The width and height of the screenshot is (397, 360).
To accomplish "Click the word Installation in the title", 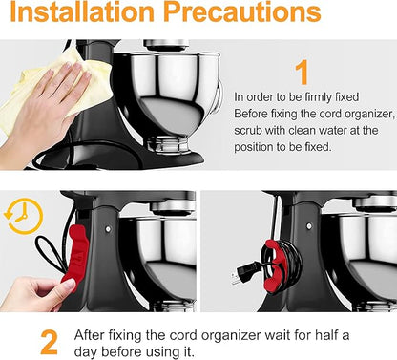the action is coord(82,11).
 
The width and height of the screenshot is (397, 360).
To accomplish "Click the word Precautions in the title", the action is coord(242,11).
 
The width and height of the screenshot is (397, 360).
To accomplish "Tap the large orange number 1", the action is coord(302,73).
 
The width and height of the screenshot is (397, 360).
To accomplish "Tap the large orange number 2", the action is coord(50,343).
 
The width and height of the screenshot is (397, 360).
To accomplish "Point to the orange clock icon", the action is coord(24,217).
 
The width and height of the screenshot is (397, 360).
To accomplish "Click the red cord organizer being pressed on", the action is coord(75,254).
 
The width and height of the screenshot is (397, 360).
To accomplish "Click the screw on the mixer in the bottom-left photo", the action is coord(108,228).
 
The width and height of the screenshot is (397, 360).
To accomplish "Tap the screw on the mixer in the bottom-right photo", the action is coord(308,226).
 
